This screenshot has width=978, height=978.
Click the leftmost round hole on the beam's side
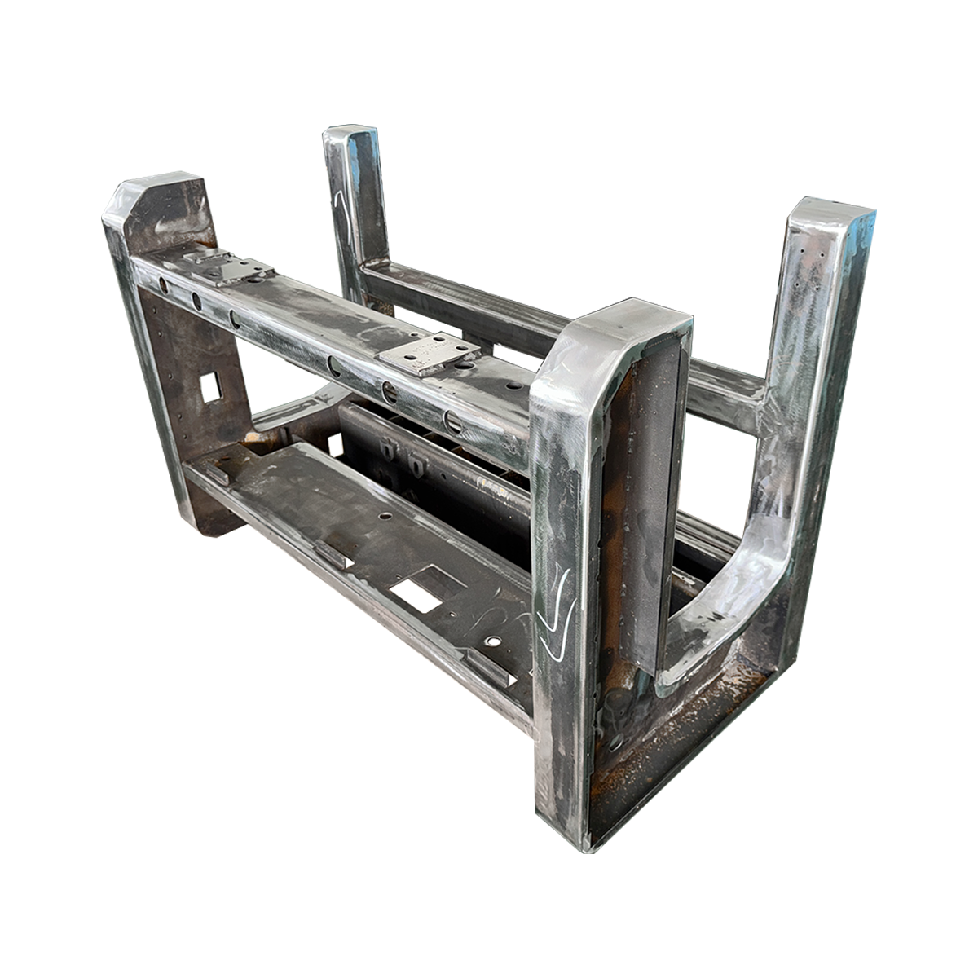[x=163, y=286]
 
